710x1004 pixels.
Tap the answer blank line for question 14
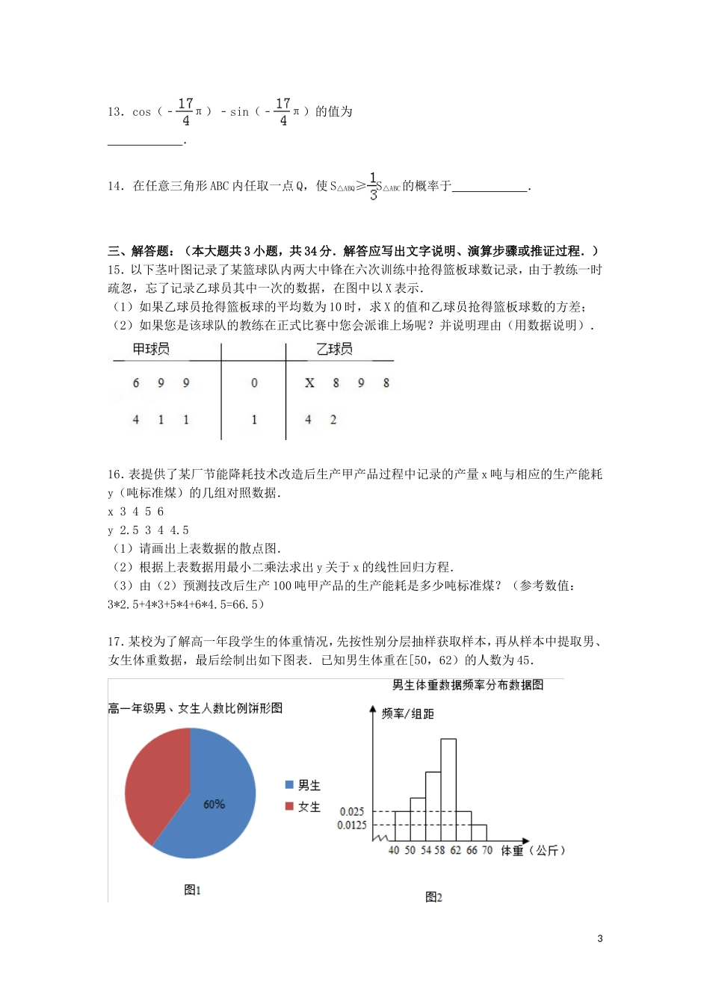pos(490,190)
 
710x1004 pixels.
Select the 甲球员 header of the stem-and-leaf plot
pos(151,349)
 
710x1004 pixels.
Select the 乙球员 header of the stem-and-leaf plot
pos(334,349)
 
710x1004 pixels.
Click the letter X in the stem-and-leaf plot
pos(309,383)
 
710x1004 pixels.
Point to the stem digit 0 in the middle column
pos(254,383)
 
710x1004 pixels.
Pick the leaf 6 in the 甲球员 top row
pos(136,383)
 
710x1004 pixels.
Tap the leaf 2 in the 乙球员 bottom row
pos(333,420)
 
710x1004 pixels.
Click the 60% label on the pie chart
pos(214,805)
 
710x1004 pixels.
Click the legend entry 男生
pos(303,785)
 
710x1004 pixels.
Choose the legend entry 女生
pos(303,807)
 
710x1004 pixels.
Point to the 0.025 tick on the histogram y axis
pos(352,811)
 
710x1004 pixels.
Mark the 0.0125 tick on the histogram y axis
pos(352,825)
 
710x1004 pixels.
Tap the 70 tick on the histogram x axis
pos(487,851)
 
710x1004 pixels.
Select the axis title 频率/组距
pos(408,714)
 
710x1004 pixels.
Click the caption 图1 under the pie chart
pos(193,890)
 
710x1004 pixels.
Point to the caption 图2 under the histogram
pos(433,897)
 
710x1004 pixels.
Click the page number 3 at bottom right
pos(600,939)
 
